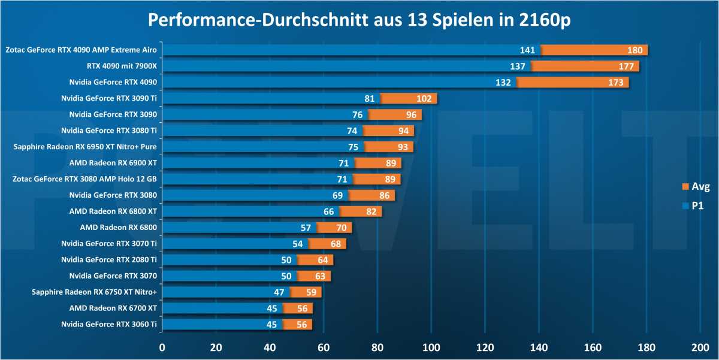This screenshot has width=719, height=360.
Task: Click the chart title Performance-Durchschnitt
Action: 359,19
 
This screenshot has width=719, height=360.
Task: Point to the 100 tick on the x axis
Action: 431,347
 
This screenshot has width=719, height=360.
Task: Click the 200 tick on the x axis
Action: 700,347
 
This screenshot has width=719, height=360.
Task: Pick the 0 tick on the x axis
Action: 162,347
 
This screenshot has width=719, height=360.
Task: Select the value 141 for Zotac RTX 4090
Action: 527,50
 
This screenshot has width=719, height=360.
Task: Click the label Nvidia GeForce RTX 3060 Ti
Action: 108,324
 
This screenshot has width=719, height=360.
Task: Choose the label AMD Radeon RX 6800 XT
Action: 113,211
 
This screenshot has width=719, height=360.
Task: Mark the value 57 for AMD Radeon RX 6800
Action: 306,227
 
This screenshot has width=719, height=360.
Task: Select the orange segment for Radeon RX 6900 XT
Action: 377,162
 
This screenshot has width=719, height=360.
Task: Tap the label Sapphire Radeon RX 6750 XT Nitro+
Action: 94,292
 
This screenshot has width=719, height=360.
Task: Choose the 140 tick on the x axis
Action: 539,347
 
